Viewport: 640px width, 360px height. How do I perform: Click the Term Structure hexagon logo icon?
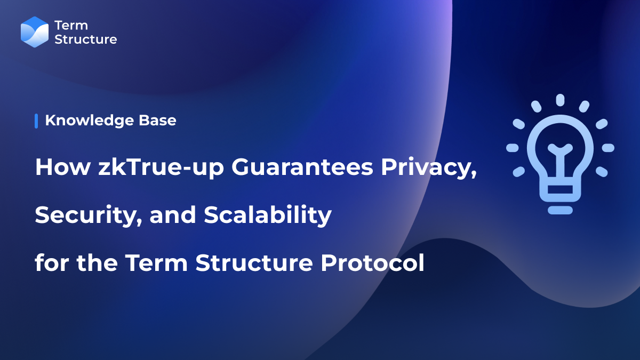[35, 32]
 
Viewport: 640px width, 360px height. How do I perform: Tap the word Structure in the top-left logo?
[85, 39]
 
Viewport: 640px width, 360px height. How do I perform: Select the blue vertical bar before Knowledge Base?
[36, 121]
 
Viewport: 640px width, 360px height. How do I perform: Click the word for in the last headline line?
[52, 263]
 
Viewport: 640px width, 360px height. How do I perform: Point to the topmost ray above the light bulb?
[560, 100]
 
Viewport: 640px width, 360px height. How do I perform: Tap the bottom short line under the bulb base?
[559, 210]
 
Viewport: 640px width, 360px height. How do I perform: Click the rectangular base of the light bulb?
[559, 190]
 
